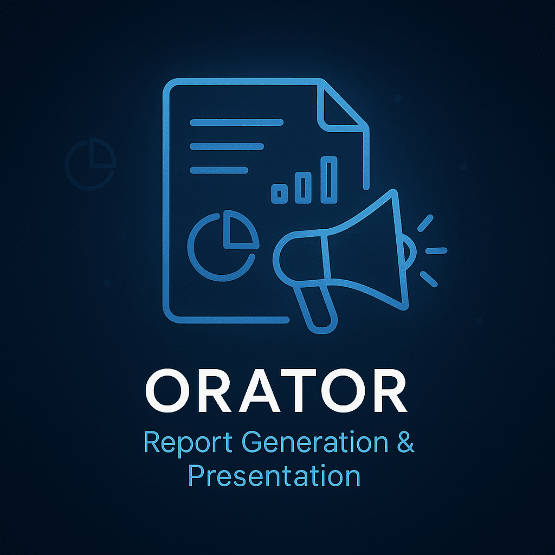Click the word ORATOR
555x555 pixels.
(276, 390)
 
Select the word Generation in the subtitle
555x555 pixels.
(315, 442)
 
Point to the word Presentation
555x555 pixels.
(274, 476)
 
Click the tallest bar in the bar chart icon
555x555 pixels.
(329, 180)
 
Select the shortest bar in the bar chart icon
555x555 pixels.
(279, 193)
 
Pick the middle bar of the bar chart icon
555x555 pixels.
(303, 188)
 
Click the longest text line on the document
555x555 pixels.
(236, 122)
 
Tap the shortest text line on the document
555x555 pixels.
(219, 170)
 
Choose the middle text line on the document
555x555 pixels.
(227, 146)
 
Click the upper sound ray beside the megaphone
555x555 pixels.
(425, 223)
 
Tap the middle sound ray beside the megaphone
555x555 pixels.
(436, 250)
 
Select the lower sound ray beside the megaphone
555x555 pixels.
(429, 279)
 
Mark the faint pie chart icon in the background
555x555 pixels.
(91, 164)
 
